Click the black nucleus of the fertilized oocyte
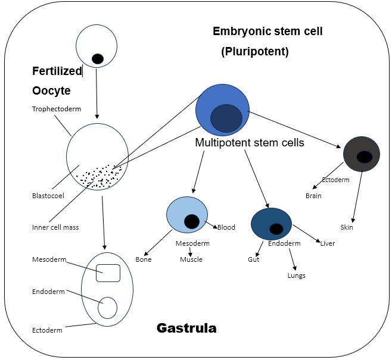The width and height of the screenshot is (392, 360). tap(98, 58)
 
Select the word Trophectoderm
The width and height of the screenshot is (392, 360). tap(57, 109)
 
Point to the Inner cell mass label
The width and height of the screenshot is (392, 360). tap(55, 227)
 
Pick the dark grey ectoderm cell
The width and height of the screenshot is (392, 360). tap(362, 154)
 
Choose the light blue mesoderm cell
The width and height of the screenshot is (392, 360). tap(186, 214)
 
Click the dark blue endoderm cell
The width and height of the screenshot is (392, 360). tap(271, 223)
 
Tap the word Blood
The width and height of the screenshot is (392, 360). tap(226, 227)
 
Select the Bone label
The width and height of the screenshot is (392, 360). tap(144, 259)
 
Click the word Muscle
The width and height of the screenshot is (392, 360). tap(191, 259)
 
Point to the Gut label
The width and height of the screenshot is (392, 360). tap(253, 260)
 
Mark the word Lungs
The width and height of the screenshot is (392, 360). tap(296, 276)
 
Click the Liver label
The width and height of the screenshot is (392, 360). tap(328, 243)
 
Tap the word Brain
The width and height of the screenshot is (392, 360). tap(314, 195)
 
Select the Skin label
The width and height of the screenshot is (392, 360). tap(347, 227)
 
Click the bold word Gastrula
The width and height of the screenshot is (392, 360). tap(186, 328)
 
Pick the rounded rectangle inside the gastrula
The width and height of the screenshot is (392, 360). tap(108, 273)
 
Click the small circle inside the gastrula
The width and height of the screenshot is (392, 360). tap(108, 308)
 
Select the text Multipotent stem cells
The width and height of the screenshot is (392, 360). tap(250, 143)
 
